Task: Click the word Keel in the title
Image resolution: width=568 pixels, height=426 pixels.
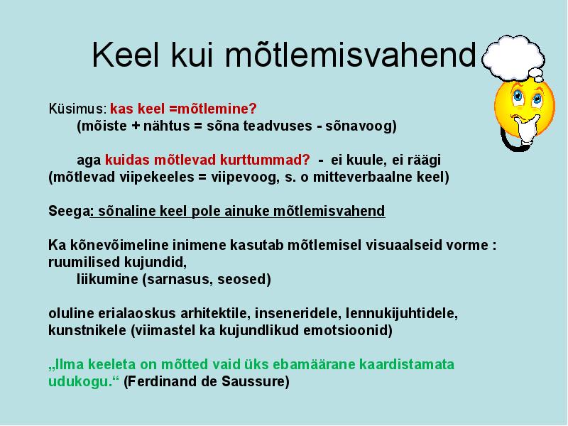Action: click(x=126, y=55)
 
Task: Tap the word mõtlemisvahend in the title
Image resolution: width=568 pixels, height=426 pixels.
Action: click(x=350, y=55)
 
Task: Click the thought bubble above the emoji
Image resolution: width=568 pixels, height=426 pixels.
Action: click(x=514, y=58)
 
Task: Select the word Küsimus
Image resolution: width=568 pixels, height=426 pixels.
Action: click(x=77, y=109)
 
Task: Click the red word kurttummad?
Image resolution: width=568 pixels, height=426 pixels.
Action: click(x=265, y=160)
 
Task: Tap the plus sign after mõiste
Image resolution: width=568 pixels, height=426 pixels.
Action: click(x=135, y=126)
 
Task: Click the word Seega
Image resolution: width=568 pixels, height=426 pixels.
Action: click(x=69, y=211)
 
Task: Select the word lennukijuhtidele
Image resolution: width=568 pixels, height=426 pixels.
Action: click(x=401, y=313)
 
